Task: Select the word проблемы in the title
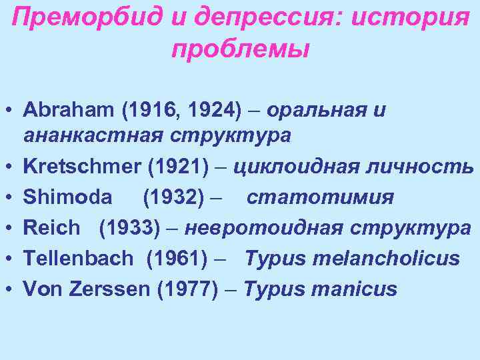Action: coord(240,48)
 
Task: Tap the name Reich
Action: coord(51,227)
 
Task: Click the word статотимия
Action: coord(320,197)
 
